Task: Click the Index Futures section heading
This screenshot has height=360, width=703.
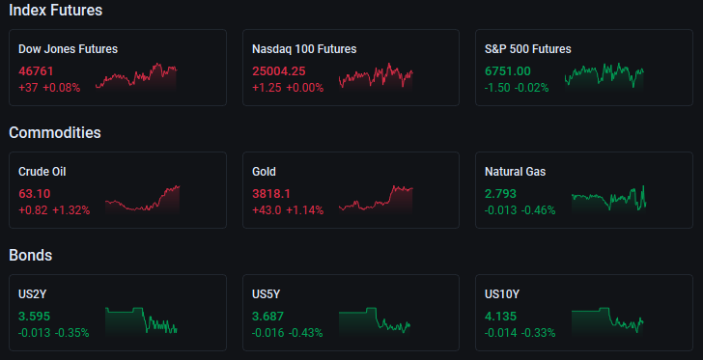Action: (56, 11)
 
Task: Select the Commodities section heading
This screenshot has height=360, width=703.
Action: (55, 132)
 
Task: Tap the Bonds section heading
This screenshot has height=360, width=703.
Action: (31, 255)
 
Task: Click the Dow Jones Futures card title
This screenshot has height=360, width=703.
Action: (69, 49)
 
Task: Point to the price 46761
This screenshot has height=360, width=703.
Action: (36, 70)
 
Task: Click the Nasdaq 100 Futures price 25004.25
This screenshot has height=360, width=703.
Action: (279, 70)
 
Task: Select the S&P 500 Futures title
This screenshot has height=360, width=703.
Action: (528, 49)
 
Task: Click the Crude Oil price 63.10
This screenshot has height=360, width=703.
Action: (35, 194)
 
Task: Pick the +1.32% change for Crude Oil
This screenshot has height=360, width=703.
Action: (71, 209)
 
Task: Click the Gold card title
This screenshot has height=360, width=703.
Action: (264, 171)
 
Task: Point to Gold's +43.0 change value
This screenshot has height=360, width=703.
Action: (267, 209)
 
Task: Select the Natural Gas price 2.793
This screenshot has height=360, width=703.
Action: (501, 194)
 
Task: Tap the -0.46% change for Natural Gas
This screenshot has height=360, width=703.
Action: (538, 209)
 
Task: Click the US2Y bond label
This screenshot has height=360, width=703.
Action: (33, 294)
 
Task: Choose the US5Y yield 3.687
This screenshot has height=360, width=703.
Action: (268, 316)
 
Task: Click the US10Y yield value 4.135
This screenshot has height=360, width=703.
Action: (501, 316)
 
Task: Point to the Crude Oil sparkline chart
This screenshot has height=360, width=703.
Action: (142, 200)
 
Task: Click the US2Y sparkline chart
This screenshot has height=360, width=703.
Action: (141, 320)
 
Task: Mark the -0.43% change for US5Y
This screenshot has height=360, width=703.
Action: (305, 333)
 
